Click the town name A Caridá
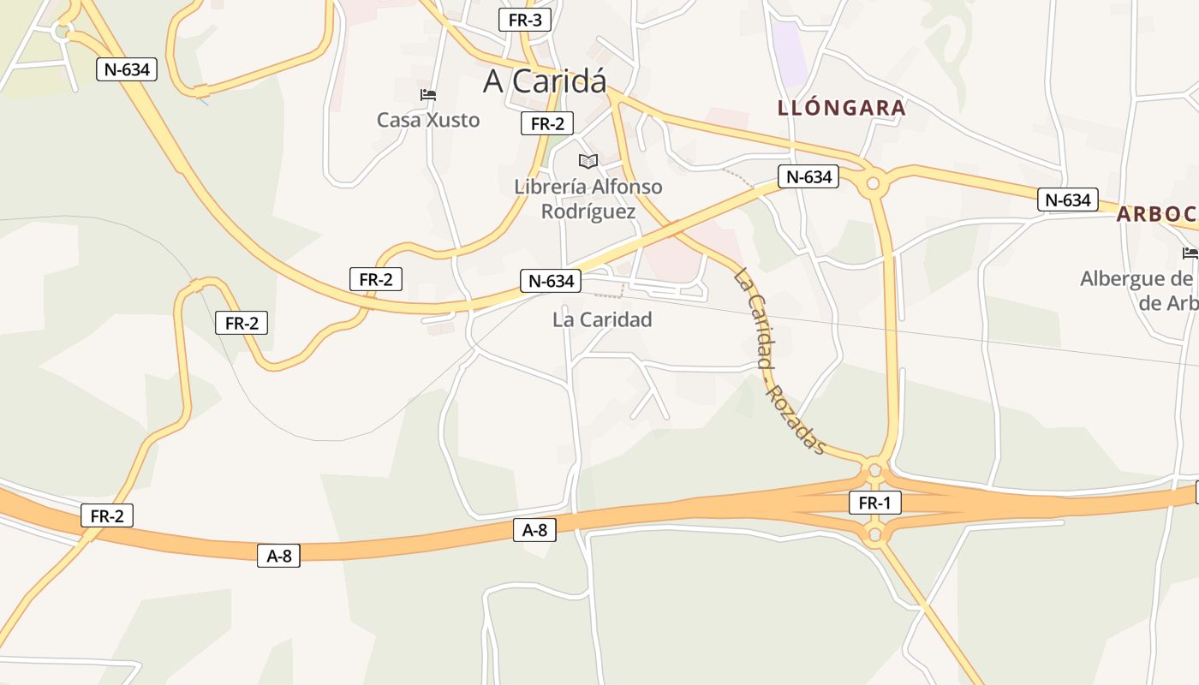coord(545,81)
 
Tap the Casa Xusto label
coord(428,120)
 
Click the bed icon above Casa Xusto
coord(428,94)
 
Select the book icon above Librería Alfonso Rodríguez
coord(588,161)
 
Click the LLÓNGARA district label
coord(842,108)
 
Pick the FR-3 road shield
coord(525,20)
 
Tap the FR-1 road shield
coord(874,503)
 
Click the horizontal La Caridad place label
coord(602,319)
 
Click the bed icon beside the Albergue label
coord(1190,253)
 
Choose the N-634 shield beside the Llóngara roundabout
coord(808,177)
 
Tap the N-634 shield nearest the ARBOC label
coord(1068,200)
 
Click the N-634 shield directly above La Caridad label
coord(551,280)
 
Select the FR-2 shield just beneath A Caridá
coord(546,123)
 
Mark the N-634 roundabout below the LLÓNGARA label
coord(874,182)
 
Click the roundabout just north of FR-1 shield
coord(874,470)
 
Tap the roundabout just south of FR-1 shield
coord(874,536)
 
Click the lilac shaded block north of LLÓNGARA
coord(788,51)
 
